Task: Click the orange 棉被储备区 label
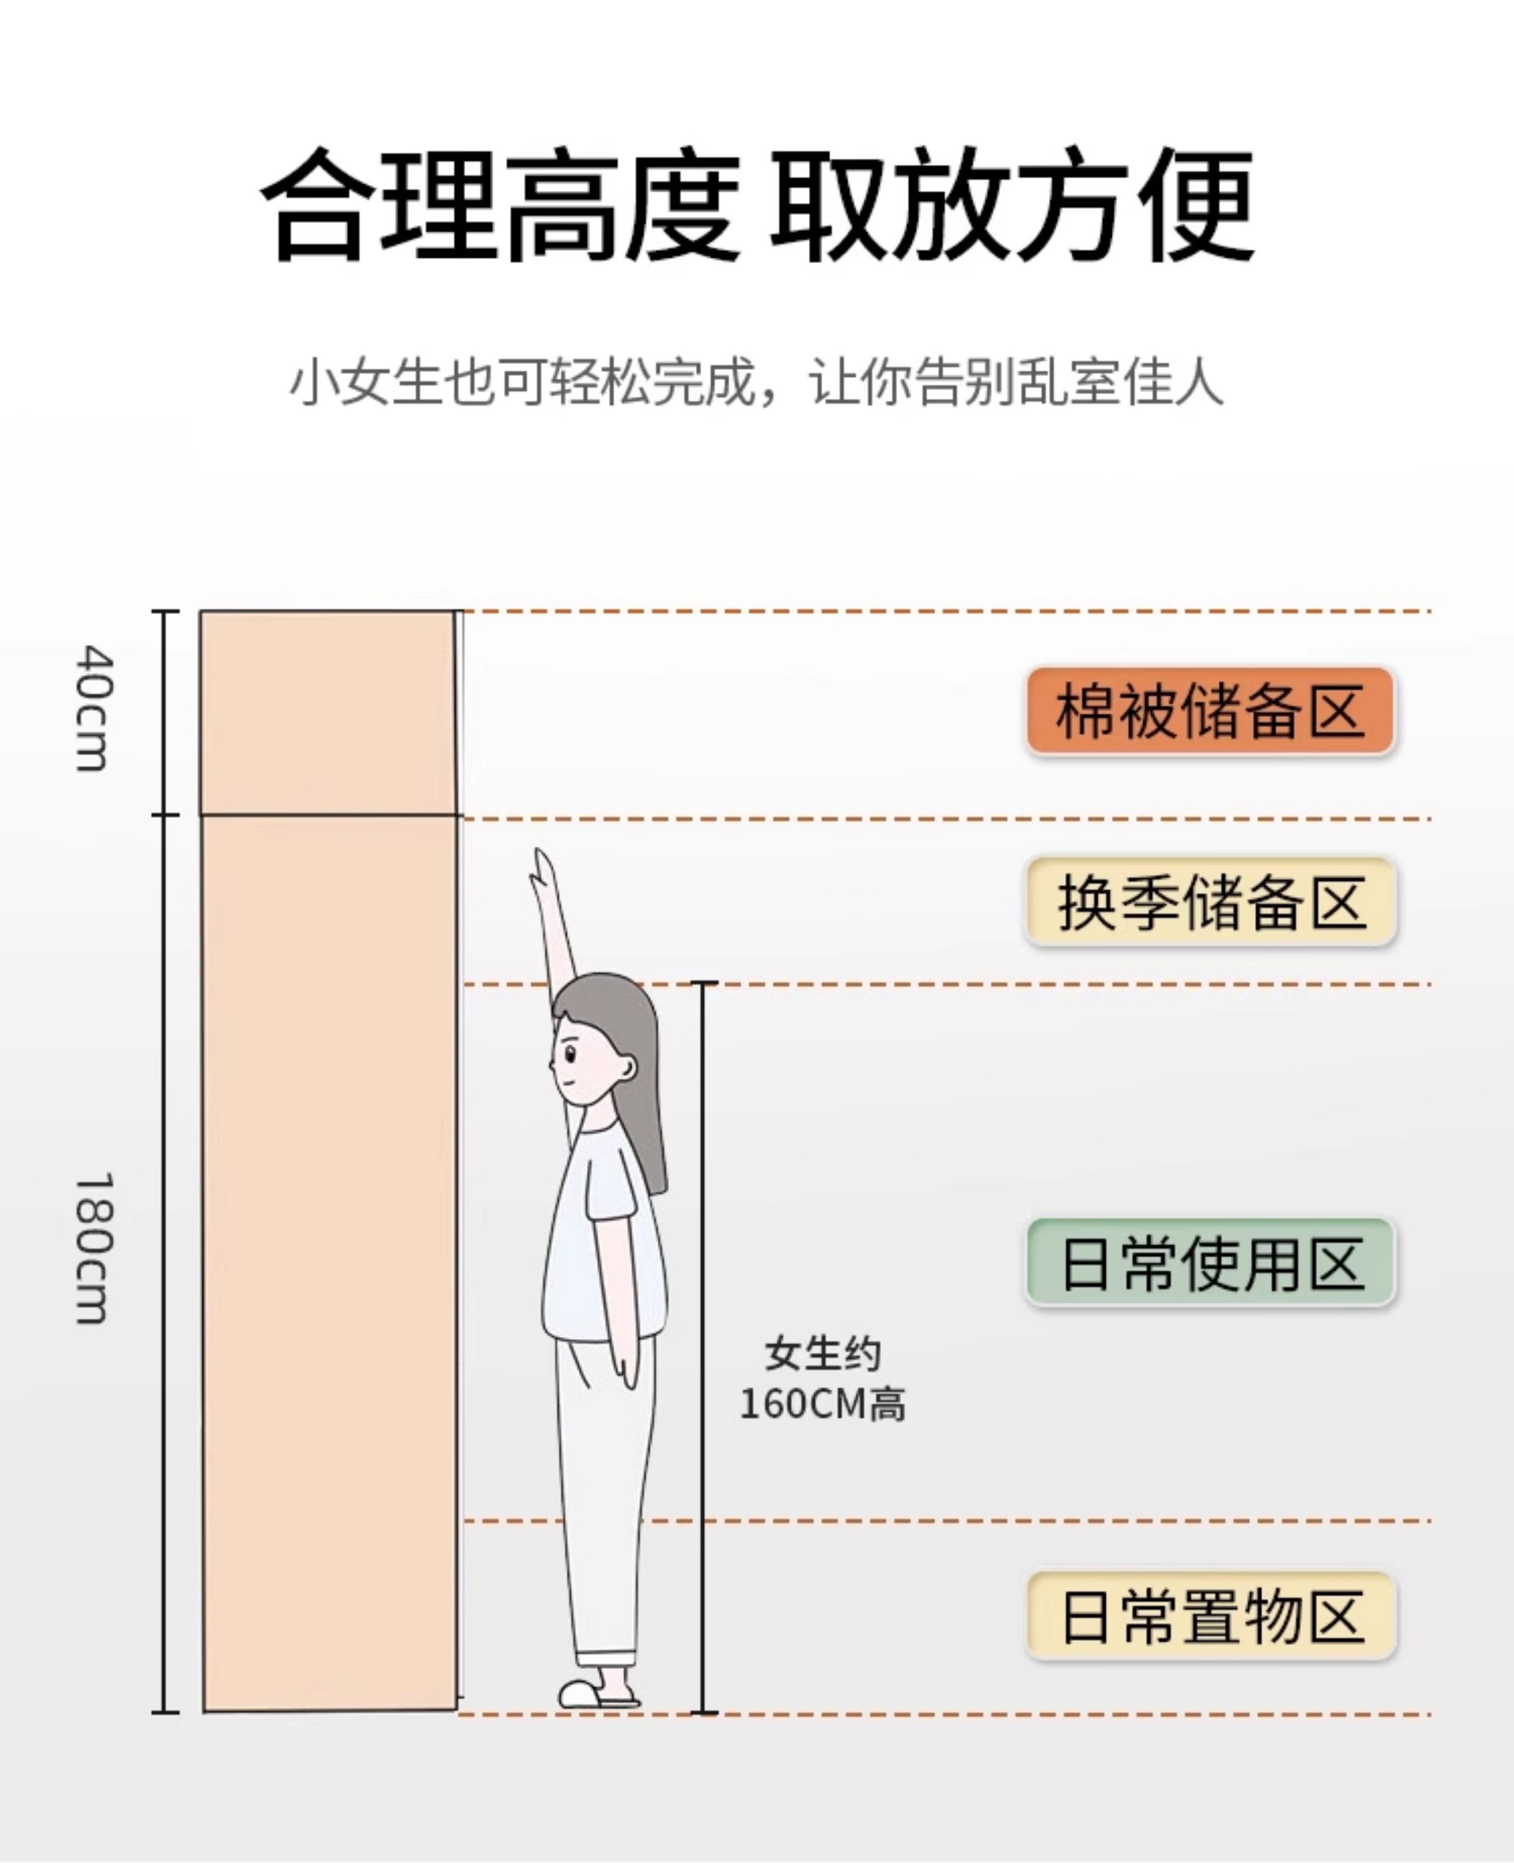1209,711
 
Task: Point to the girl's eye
570,1053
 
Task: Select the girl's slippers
598,1694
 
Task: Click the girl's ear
626,1068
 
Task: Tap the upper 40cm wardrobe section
328,712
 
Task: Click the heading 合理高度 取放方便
757,205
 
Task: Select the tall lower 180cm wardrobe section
330,1264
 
